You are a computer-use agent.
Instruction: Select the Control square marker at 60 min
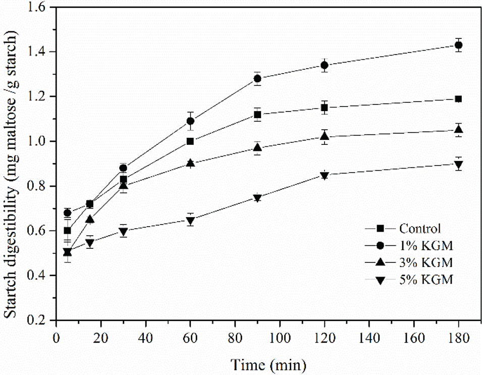click(x=190, y=141)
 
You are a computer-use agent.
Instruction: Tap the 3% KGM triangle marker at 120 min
click(x=325, y=136)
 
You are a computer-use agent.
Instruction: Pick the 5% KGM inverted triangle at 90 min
click(x=257, y=198)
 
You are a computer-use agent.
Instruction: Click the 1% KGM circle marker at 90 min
click(x=257, y=79)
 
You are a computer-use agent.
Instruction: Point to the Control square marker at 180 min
click(x=459, y=99)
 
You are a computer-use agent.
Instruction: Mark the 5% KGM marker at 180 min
click(x=459, y=165)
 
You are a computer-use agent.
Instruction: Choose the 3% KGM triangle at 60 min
click(x=190, y=163)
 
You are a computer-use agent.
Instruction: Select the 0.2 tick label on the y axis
click(x=40, y=320)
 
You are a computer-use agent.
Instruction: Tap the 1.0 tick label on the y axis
click(x=40, y=141)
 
